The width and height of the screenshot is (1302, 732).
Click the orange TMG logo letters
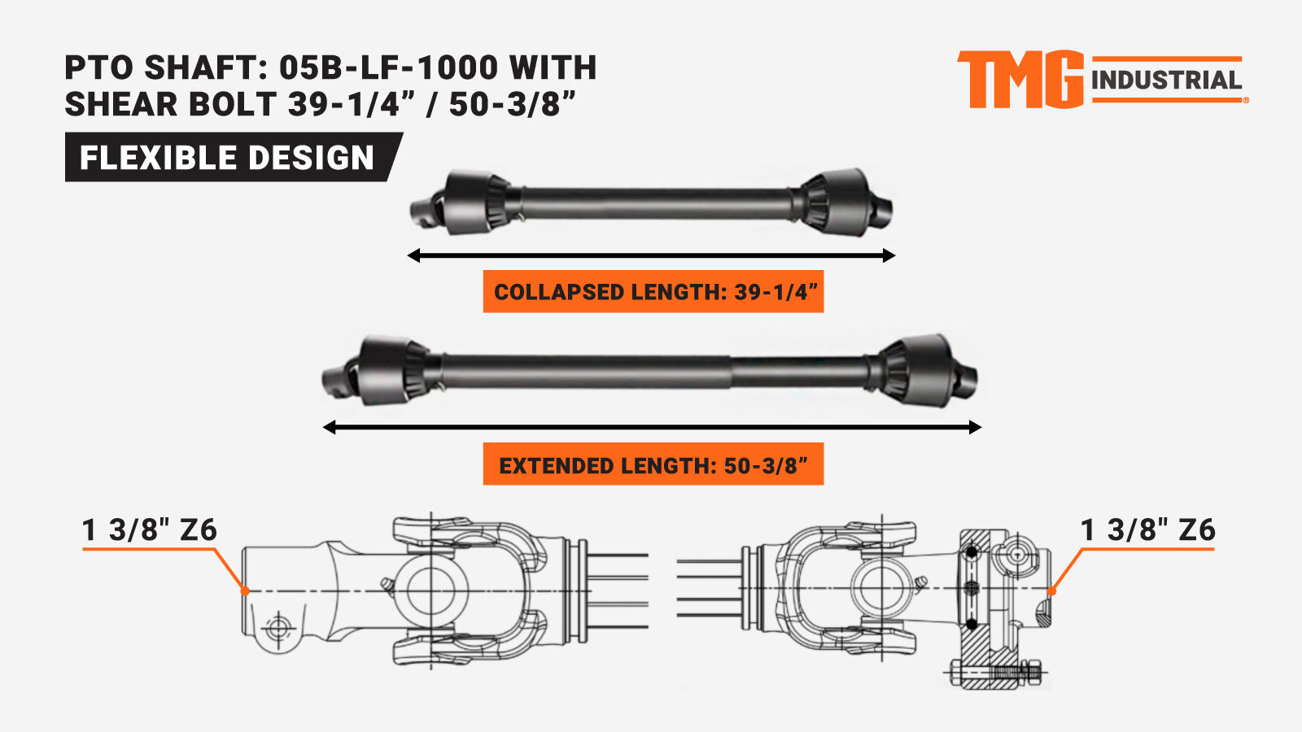coord(1020,80)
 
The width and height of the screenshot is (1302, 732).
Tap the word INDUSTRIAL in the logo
coord(1166,81)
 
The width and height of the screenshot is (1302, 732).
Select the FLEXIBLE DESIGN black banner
coord(233,157)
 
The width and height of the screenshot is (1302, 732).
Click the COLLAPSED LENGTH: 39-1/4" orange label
coord(653,291)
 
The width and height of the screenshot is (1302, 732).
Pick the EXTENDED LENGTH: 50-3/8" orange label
coord(653,464)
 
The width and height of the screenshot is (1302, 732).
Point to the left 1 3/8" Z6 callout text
coord(150,529)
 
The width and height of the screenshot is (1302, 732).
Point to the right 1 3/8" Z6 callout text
coord(1147,529)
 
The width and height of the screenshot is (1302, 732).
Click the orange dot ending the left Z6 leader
coord(245,590)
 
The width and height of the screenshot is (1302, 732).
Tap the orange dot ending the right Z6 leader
coord(1051,591)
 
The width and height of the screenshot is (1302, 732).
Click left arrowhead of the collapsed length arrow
coord(413,255)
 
